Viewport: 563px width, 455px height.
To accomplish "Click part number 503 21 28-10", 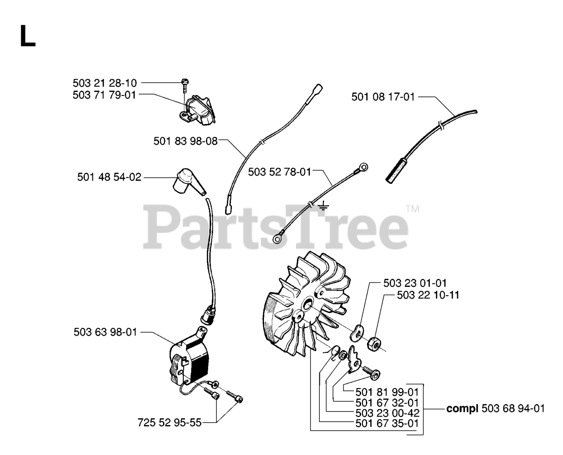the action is click(x=105, y=83).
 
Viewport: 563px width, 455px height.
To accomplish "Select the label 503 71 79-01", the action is click(x=105, y=95).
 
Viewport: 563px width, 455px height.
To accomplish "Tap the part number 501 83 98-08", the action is click(x=185, y=141).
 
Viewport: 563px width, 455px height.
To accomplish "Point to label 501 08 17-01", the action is click(x=383, y=97).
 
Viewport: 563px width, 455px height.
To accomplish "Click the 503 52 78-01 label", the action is click(x=279, y=172).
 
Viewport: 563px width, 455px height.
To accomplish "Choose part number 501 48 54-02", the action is click(x=110, y=177).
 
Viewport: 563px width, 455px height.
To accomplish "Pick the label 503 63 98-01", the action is click(x=106, y=332).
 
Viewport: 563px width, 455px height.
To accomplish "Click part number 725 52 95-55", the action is click(x=169, y=422).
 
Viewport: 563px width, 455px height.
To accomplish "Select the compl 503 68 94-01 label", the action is click(x=495, y=409).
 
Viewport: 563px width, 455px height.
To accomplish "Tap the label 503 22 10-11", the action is click(x=428, y=295).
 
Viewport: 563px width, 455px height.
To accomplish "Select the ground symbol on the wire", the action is click(x=323, y=205).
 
